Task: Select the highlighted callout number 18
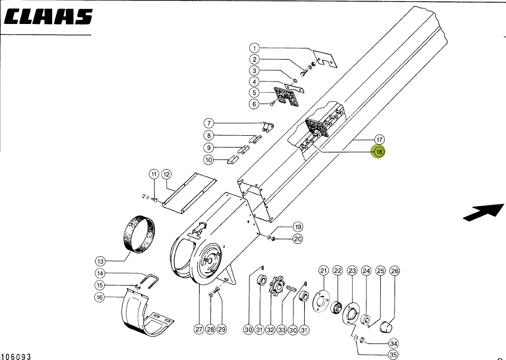click(379, 152)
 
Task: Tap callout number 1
click(255, 48)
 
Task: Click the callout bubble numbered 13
click(101, 261)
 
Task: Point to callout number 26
click(394, 271)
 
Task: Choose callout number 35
click(393, 355)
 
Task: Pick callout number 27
click(199, 330)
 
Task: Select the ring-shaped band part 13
click(140, 233)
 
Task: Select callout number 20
click(298, 239)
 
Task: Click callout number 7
click(210, 124)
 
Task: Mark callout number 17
click(379, 140)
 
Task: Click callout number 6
click(255, 104)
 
